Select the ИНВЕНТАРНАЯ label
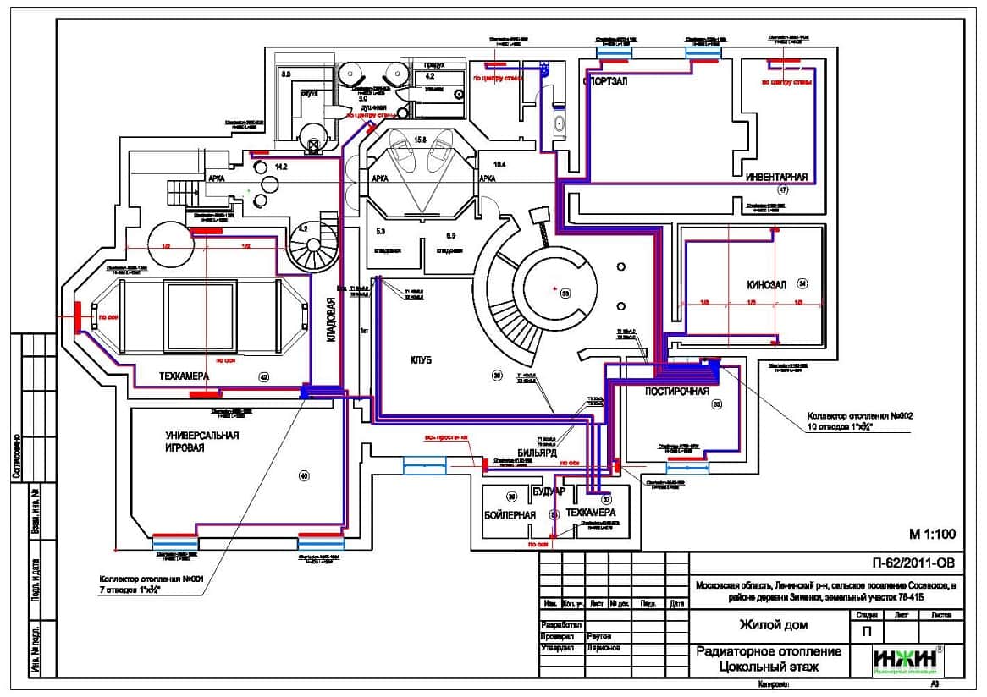(777, 178)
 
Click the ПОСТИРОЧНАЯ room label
(676, 392)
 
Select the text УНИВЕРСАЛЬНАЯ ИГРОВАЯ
(202, 442)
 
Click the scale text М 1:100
(932, 534)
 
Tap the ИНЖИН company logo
(907, 659)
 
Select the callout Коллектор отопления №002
(858, 416)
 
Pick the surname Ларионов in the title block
(604, 648)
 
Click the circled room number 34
(802, 284)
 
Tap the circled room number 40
(304, 477)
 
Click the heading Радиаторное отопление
(769, 652)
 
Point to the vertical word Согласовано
(16, 457)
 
